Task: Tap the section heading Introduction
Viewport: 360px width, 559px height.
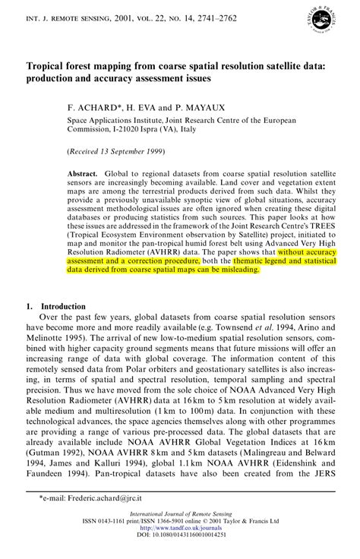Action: pyautogui.click(x=63, y=306)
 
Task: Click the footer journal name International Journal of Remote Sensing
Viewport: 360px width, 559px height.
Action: pyautogui.click(x=179, y=515)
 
